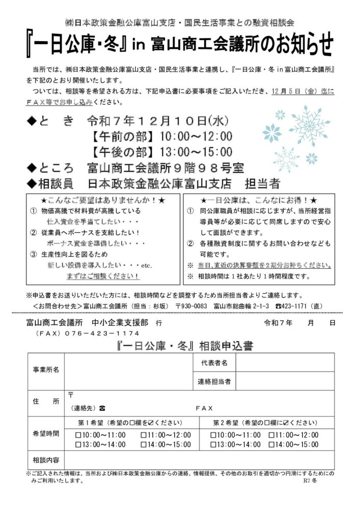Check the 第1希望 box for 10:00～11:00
[78, 435]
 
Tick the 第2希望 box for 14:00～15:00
[272, 444]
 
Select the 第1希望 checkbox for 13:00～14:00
[78, 444]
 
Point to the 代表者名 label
[214, 362]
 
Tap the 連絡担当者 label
[214, 381]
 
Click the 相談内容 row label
[46, 460]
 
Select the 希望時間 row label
[46, 434]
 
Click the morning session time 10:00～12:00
[196, 136]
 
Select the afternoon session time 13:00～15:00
[196, 151]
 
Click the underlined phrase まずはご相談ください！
[103, 276]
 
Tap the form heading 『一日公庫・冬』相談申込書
[181, 346]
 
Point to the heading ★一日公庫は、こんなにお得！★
[259, 200]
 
